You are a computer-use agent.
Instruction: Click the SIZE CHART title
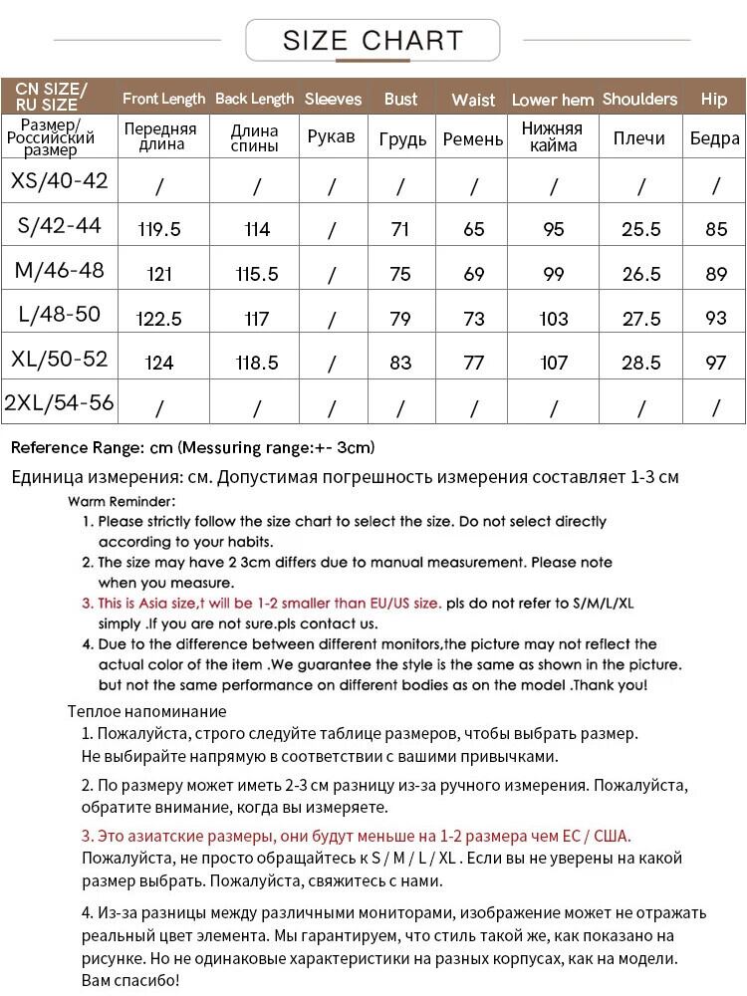click(373, 41)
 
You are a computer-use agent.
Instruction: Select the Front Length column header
click(163, 99)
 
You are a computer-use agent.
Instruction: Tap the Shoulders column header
click(639, 99)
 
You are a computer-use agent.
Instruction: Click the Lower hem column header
click(553, 100)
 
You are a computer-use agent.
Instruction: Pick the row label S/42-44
click(60, 226)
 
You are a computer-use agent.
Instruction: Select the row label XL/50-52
click(60, 359)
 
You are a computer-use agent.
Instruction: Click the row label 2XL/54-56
click(60, 403)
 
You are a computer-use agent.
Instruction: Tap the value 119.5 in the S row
click(159, 229)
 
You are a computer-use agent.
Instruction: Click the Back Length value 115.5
click(257, 274)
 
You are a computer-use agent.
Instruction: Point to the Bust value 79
click(400, 319)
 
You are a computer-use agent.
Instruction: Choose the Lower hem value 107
click(554, 363)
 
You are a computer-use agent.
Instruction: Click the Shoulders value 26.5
click(640, 274)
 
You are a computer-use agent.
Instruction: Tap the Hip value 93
click(715, 319)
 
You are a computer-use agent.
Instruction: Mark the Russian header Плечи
click(639, 138)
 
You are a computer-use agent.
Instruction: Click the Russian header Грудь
click(402, 138)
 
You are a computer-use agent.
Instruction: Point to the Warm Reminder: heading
click(122, 501)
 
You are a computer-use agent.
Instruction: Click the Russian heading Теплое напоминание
click(147, 711)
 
